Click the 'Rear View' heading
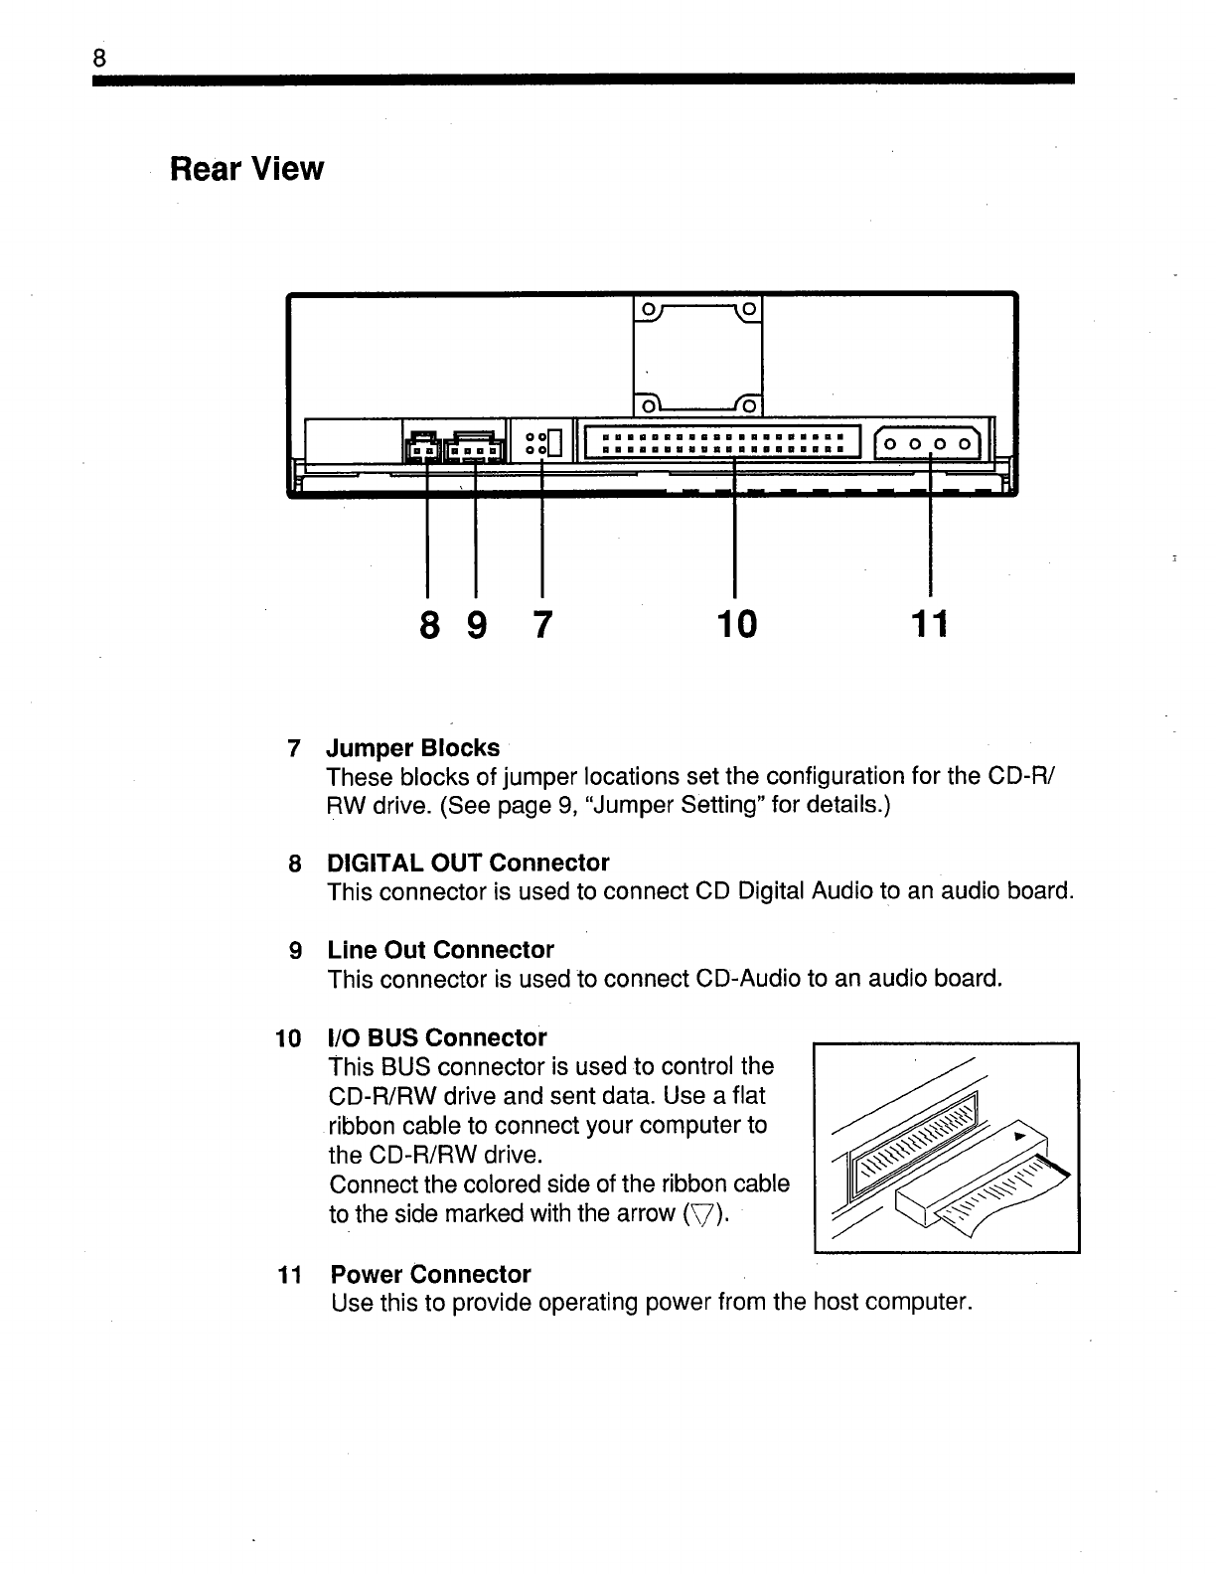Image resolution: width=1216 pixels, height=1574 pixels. coord(246,169)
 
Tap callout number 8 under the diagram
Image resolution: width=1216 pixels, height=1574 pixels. coord(428,625)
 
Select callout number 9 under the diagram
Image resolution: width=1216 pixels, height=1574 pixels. coord(477,625)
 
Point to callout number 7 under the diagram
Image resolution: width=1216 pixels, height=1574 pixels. coord(541,625)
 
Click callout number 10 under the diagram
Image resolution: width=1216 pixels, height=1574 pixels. coord(735,625)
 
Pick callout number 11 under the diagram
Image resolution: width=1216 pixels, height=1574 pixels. coord(930,625)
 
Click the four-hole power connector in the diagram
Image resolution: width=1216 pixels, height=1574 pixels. coord(931,443)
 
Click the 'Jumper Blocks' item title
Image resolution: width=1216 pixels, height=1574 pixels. coord(413,747)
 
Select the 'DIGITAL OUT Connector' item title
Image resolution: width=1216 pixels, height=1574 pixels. coord(468,863)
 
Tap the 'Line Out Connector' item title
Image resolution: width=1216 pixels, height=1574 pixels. coord(440,950)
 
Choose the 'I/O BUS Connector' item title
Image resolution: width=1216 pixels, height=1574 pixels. coord(437,1038)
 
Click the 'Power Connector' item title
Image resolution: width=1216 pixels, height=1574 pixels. coord(430,1274)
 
